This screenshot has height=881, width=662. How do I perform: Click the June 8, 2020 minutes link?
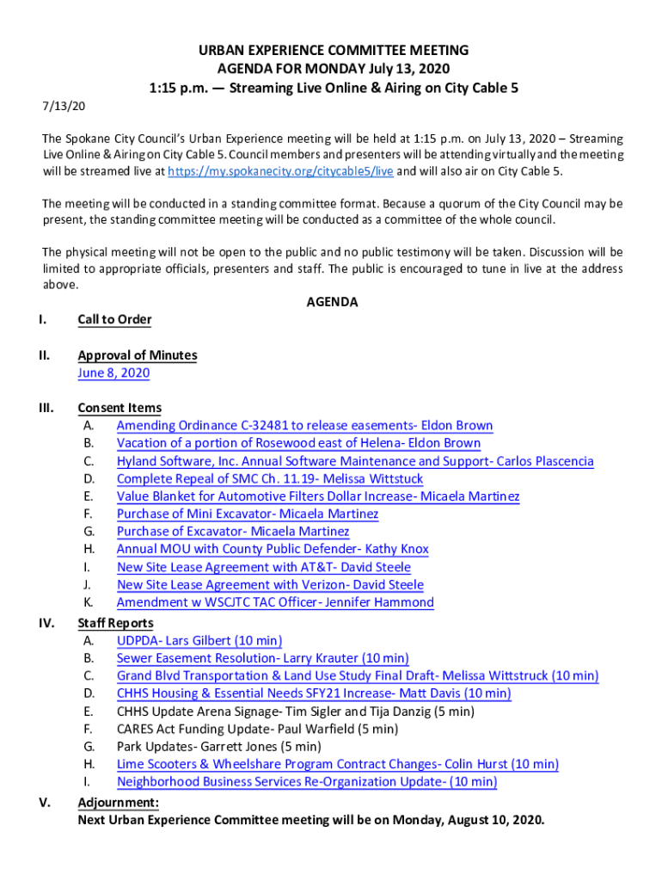pyautogui.click(x=113, y=373)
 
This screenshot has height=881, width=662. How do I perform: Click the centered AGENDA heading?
pyautogui.click(x=332, y=302)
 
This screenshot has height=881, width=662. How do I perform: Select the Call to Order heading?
pyautogui.click(x=114, y=320)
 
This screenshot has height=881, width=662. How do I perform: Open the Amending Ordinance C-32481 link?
pyautogui.click(x=304, y=426)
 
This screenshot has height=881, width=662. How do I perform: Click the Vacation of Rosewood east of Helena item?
pyautogui.click(x=298, y=443)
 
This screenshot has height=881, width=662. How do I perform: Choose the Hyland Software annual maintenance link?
pyautogui.click(x=354, y=461)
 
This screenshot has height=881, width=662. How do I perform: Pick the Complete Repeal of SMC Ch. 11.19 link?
pyautogui.click(x=269, y=479)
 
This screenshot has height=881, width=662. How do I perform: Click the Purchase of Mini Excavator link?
pyautogui.click(x=247, y=514)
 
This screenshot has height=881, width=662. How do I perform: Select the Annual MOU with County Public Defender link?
pyautogui.click(x=272, y=550)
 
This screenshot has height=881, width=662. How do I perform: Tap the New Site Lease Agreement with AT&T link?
pyautogui.click(x=263, y=568)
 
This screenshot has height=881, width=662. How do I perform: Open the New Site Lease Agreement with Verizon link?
pyautogui.click(x=269, y=585)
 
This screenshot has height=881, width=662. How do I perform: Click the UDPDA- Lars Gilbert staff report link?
pyautogui.click(x=199, y=641)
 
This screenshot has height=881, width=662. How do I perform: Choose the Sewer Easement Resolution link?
pyautogui.click(x=262, y=659)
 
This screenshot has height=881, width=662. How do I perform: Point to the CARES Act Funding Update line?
pyautogui.click(x=257, y=730)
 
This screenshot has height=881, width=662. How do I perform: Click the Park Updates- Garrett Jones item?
pyautogui.click(x=218, y=747)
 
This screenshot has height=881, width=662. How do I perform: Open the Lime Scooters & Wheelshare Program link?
pyautogui.click(x=337, y=765)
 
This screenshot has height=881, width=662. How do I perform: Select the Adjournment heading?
pyautogui.click(x=118, y=803)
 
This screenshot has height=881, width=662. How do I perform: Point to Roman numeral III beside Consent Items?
pyautogui.click(x=46, y=408)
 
